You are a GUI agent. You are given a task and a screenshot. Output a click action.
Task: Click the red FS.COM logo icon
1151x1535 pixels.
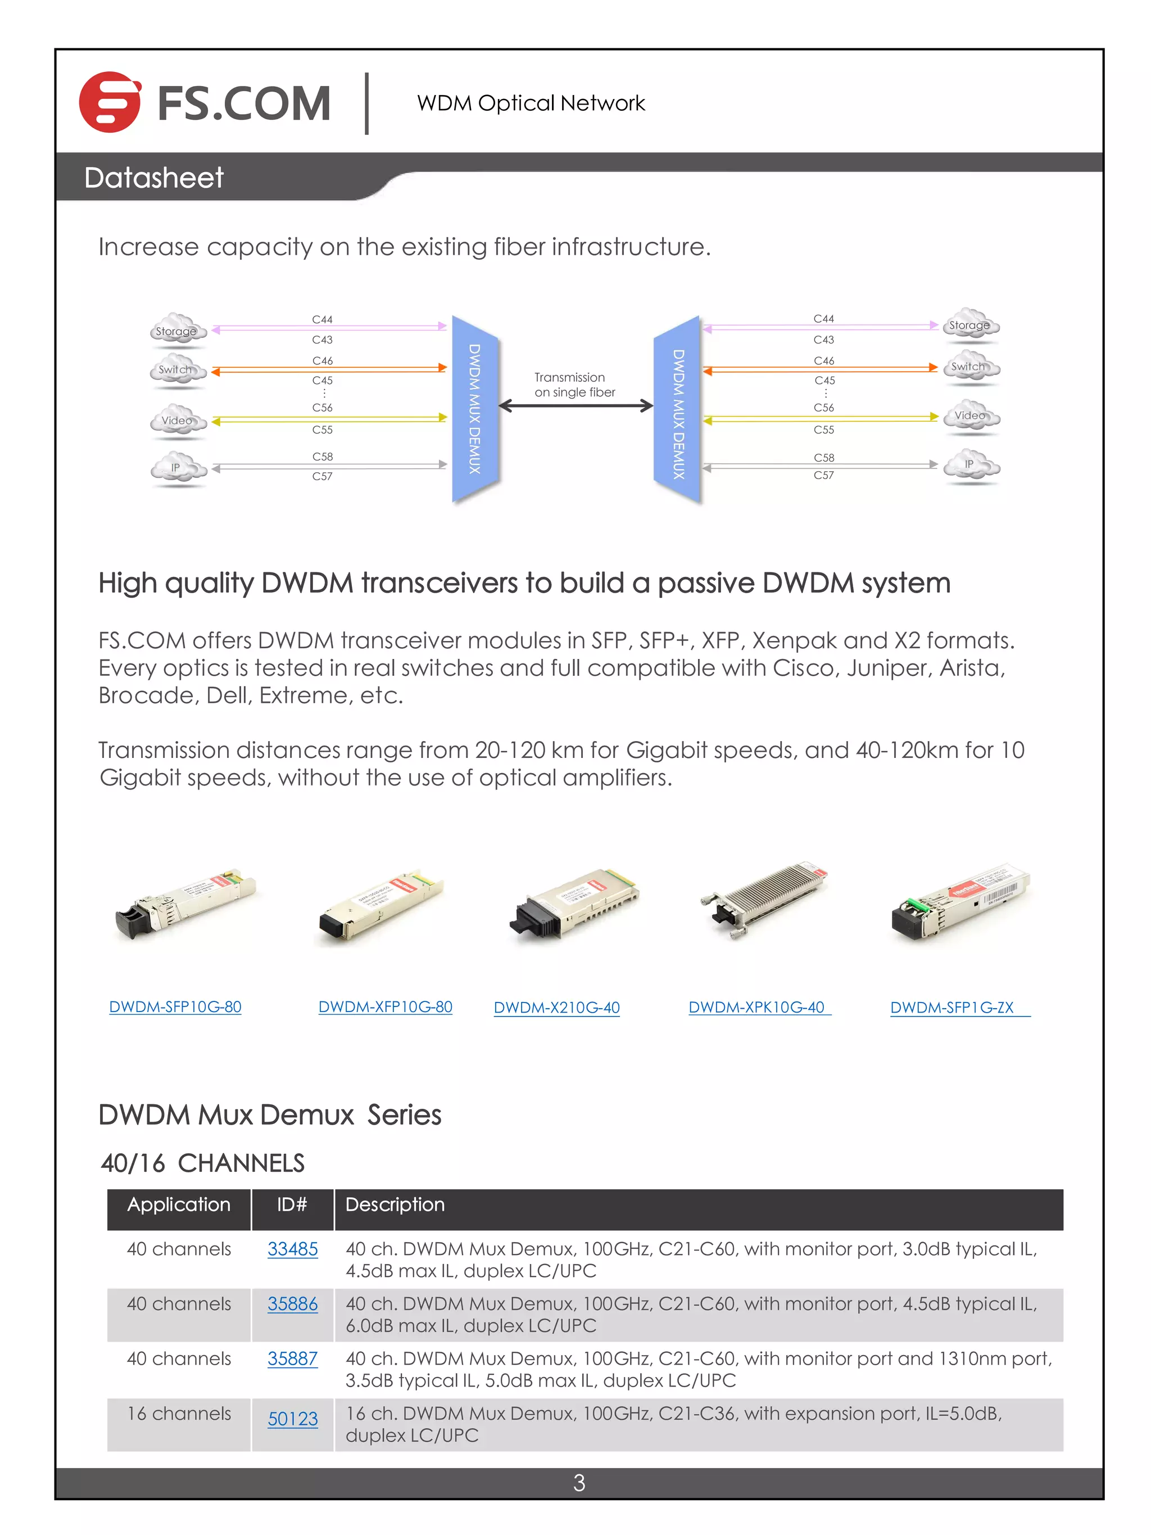(110, 102)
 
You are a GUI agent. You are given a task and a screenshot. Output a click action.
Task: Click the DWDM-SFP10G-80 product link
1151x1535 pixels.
(175, 1007)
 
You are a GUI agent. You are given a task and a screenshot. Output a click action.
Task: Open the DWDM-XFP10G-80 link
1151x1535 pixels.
(385, 1007)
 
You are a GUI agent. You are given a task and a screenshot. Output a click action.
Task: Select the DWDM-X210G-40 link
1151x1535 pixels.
(556, 1008)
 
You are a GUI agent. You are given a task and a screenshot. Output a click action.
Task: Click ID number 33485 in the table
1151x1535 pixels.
(292, 1249)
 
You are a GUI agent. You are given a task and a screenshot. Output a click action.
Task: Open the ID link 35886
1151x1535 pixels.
(292, 1304)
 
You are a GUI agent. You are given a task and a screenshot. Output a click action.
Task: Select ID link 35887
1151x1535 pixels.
(292, 1359)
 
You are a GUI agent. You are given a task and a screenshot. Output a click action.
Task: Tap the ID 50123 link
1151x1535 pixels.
(292, 1419)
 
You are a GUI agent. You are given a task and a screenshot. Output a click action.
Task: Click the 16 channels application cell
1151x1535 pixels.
(179, 1414)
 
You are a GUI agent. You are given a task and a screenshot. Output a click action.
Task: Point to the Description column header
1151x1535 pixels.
(395, 1205)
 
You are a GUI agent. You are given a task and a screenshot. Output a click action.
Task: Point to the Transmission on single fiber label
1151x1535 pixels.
(574, 385)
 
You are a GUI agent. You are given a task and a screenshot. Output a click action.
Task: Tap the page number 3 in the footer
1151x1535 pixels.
(579, 1483)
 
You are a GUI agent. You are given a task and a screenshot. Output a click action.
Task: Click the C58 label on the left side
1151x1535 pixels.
(322, 457)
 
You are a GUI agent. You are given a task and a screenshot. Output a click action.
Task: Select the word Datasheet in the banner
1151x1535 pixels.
(153, 178)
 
